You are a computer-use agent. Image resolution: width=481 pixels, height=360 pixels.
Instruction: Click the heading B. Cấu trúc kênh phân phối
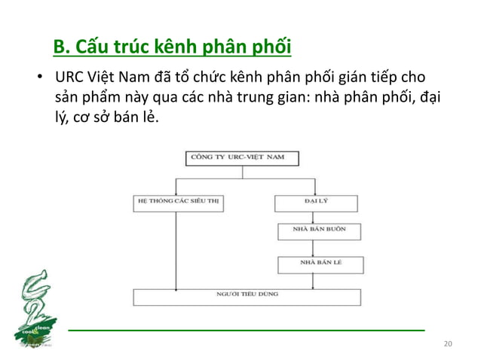pyautogui.click(x=173, y=49)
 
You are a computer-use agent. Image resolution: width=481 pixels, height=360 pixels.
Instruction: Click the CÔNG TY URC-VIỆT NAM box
pyautogui.click(x=242, y=158)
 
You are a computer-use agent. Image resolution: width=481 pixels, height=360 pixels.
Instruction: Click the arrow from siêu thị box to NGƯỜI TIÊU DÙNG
pyautogui.click(x=176, y=249)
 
